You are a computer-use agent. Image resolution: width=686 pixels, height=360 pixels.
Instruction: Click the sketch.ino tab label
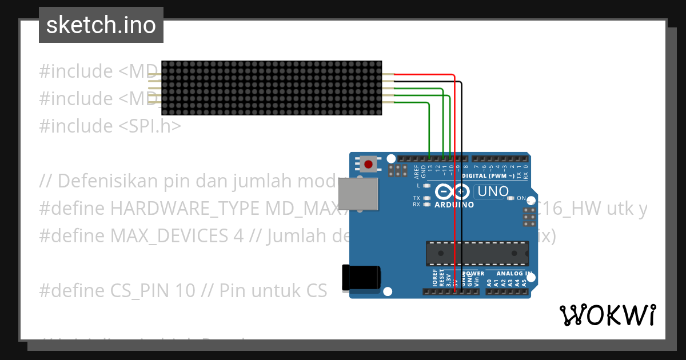pyautogui.click(x=101, y=25)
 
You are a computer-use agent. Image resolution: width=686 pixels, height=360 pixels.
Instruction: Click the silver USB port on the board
pyautogui.click(x=358, y=193)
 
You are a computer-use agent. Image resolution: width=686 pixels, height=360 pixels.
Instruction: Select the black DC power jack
pyautogui.click(x=360, y=277)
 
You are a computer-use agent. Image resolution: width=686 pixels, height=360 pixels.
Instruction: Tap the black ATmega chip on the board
pyautogui.click(x=477, y=253)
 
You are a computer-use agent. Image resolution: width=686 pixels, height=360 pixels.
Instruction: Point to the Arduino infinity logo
pyautogui.click(x=454, y=192)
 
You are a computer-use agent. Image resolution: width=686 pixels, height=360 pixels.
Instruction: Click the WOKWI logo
pyautogui.click(x=607, y=315)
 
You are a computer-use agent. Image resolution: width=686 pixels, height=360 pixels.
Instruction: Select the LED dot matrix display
pyautogui.click(x=272, y=87)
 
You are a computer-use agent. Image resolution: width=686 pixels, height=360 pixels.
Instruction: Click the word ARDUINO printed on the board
pyautogui.click(x=454, y=205)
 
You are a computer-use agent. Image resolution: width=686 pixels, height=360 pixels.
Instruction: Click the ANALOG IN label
pyautogui.click(x=513, y=273)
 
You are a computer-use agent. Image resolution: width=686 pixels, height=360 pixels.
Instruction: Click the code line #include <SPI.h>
pyautogui.click(x=110, y=126)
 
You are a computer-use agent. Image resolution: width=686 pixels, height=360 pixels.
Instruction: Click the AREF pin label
pyautogui.click(x=416, y=171)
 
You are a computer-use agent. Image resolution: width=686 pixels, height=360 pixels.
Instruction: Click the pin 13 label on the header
pyautogui.click(x=430, y=170)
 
